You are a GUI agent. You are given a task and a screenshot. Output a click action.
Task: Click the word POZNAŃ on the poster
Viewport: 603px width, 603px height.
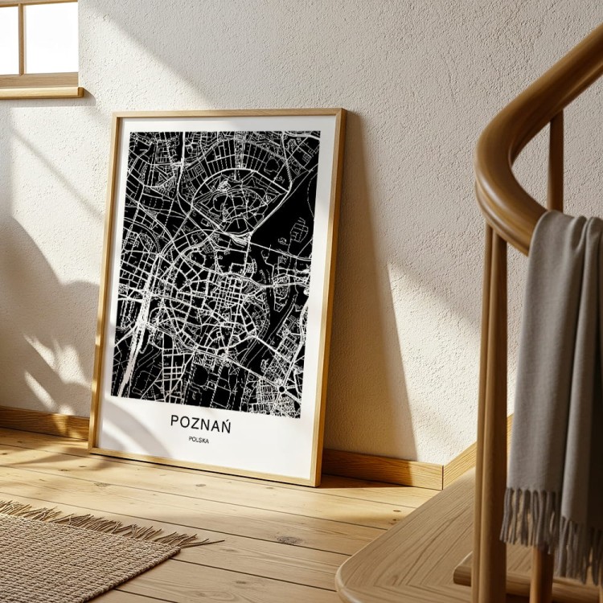(200, 424)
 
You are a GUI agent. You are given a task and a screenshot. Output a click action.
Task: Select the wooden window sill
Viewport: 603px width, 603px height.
(40, 91)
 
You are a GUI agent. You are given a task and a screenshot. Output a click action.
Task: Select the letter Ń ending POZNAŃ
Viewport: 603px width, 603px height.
(225, 423)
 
